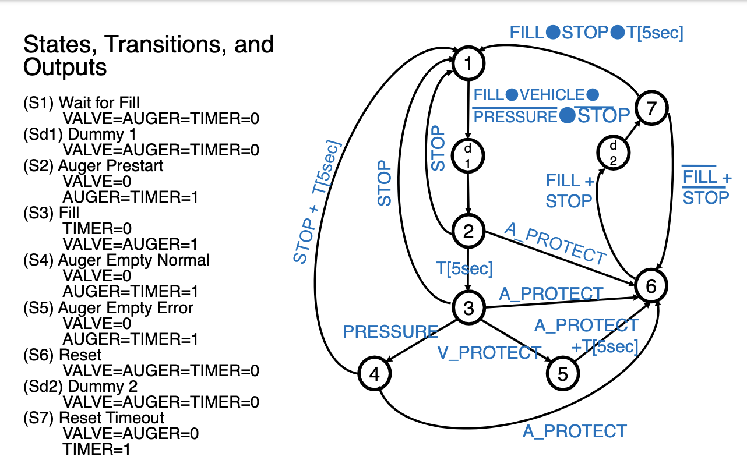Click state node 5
click(x=562, y=374)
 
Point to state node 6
click(x=651, y=285)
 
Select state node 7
click(x=651, y=107)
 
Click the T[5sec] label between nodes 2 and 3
click(x=464, y=269)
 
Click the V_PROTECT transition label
click(x=489, y=352)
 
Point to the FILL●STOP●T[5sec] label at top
click(x=596, y=33)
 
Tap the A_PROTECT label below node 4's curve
click(x=575, y=431)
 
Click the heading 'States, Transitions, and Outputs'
click(x=148, y=56)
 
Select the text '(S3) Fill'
click(x=51, y=213)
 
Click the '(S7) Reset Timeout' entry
click(x=93, y=418)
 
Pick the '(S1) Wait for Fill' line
click(x=81, y=103)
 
